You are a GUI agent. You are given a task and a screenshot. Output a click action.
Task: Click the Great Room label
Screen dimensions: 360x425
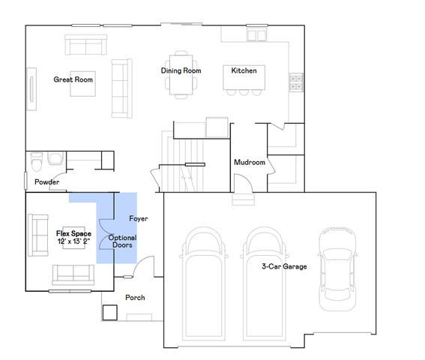[73, 79]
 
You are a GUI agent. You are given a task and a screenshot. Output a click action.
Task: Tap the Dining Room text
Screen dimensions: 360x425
[181, 70]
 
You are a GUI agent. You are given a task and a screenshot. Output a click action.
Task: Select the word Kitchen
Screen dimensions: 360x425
[244, 70]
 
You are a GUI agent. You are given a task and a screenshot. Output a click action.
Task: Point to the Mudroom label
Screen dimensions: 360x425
[249, 162]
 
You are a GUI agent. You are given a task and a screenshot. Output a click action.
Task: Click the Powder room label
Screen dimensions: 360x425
[46, 181]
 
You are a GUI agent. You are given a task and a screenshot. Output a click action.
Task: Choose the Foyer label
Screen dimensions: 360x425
[138, 219]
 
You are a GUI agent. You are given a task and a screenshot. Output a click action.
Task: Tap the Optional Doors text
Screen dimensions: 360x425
[123, 241]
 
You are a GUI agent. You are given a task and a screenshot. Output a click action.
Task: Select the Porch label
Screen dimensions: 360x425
[135, 298]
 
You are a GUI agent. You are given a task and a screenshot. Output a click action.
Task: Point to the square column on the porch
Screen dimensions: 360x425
[110, 311]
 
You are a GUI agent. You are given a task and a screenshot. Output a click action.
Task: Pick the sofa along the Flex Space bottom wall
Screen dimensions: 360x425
[73, 274]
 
